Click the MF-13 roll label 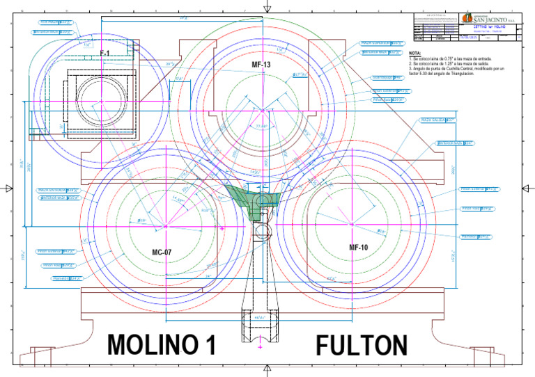click(261, 64)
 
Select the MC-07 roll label click(162, 252)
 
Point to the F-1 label click(104, 54)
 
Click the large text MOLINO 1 click(162, 345)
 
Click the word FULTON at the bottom click(362, 345)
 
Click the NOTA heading click(415, 53)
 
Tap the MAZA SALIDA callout click(437, 120)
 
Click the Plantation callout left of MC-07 click(68, 278)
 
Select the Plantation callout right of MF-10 click(476, 236)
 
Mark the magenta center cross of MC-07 click(166, 225)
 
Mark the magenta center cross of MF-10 click(352, 224)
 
